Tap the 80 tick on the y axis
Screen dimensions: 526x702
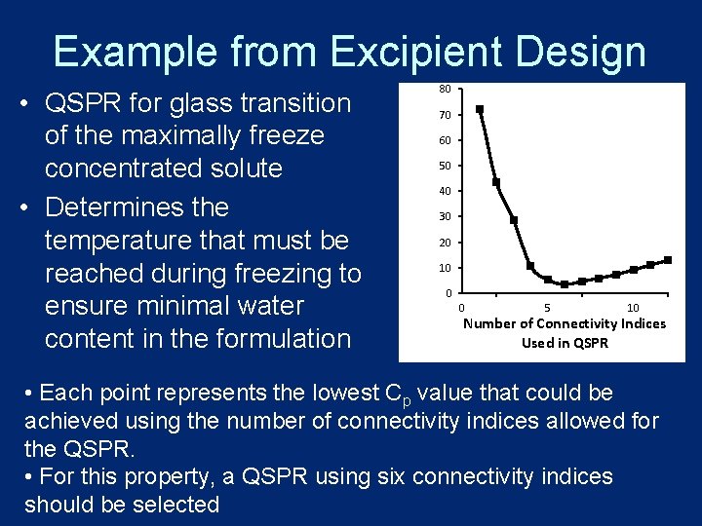tap(444, 90)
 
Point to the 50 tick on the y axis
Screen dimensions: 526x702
tap(444, 166)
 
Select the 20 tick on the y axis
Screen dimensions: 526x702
tap(444, 243)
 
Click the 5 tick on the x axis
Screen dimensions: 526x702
tap(547, 308)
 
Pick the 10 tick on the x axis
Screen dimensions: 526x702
tap(633, 308)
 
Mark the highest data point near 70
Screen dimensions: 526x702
tap(480, 109)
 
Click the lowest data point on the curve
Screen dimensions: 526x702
tap(565, 284)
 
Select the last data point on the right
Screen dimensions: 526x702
tap(668, 260)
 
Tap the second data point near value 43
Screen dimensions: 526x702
tap(496, 182)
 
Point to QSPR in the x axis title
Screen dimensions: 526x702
tap(591, 342)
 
